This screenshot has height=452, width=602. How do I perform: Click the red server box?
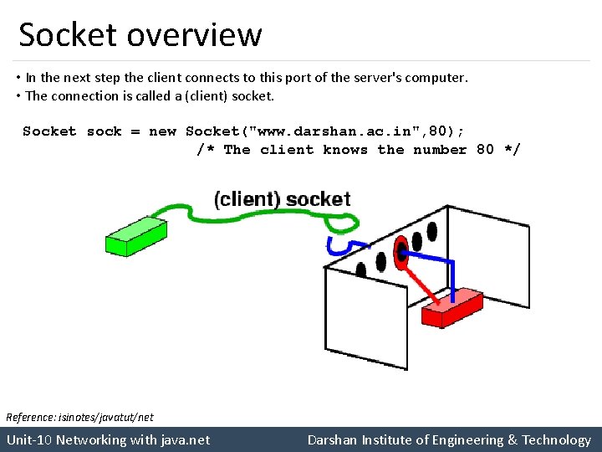(x=451, y=308)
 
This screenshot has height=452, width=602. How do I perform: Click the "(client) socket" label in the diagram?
(x=283, y=199)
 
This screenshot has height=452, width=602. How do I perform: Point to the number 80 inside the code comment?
(x=485, y=150)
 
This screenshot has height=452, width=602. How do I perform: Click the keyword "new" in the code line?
(x=162, y=131)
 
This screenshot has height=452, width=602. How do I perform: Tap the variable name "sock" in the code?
(x=105, y=131)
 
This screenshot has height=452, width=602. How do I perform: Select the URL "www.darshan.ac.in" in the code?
(x=329, y=131)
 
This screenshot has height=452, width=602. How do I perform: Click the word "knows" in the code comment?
(x=345, y=150)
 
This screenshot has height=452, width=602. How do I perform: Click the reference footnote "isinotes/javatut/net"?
(x=105, y=417)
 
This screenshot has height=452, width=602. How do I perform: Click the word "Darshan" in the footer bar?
(x=334, y=439)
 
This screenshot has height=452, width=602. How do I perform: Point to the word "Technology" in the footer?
(x=557, y=439)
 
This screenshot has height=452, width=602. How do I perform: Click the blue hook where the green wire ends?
(x=338, y=245)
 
